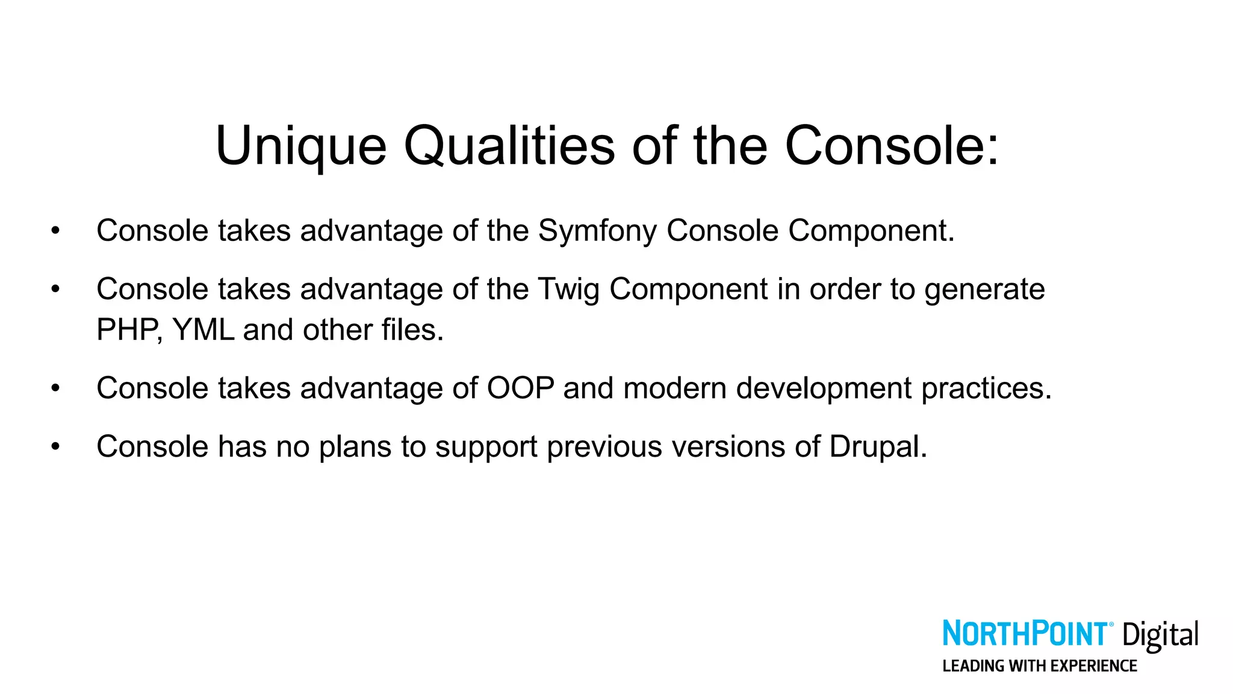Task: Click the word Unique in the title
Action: pyautogui.click(x=300, y=146)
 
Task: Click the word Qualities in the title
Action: pyautogui.click(x=509, y=146)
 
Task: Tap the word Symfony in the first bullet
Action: pyautogui.click(x=597, y=231)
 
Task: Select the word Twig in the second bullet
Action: pyautogui.click(x=568, y=290)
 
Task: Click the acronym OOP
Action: pyautogui.click(x=520, y=388)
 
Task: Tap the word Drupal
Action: pyautogui.click(x=877, y=447)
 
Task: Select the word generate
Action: pyautogui.click(x=984, y=290)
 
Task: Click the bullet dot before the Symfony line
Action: pyautogui.click(x=55, y=231)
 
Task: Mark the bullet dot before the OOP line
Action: pyautogui.click(x=55, y=389)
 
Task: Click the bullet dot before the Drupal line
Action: pyautogui.click(x=55, y=447)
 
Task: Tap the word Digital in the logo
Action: pyautogui.click(x=1160, y=636)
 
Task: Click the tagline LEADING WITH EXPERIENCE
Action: pyautogui.click(x=1039, y=666)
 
